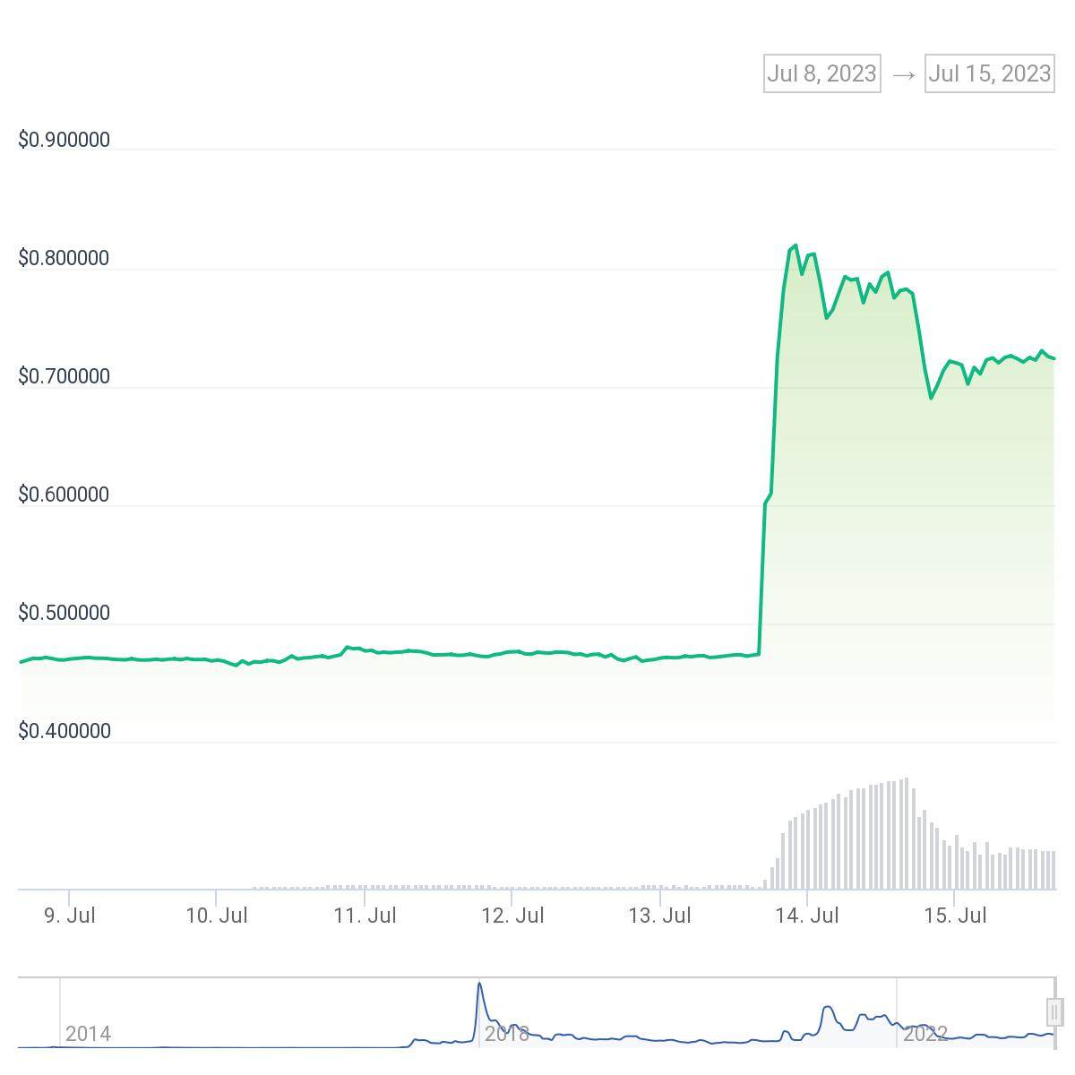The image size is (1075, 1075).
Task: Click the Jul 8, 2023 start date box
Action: [821, 73]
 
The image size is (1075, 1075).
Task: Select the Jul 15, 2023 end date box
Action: [989, 73]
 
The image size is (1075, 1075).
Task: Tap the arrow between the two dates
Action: [903, 74]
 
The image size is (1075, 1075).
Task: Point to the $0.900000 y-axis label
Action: [64, 140]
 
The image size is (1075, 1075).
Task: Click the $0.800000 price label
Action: [64, 258]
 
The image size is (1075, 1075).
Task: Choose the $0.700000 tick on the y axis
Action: [64, 376]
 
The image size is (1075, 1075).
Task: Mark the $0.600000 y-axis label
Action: [64, 494]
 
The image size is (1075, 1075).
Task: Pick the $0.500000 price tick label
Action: [64, 613]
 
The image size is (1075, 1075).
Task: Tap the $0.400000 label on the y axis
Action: [64, 731]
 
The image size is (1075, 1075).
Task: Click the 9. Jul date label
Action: [69, 916]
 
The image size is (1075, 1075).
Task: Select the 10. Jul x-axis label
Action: [217, 916]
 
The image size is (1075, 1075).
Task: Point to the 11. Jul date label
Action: [365, 916]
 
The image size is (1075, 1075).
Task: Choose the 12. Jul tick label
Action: [512, 916]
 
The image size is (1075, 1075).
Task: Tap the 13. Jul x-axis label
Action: [660, 916]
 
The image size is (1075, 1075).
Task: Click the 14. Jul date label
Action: [807, 916]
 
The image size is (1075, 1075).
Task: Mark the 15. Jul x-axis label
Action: [955, 916]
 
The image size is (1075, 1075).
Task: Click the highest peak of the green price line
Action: [795, 245]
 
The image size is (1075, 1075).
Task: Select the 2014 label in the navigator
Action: [88, 1034]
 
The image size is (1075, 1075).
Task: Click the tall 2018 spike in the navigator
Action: [479, 1000]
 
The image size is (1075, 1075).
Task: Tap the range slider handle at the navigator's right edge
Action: [1053, 1011]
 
